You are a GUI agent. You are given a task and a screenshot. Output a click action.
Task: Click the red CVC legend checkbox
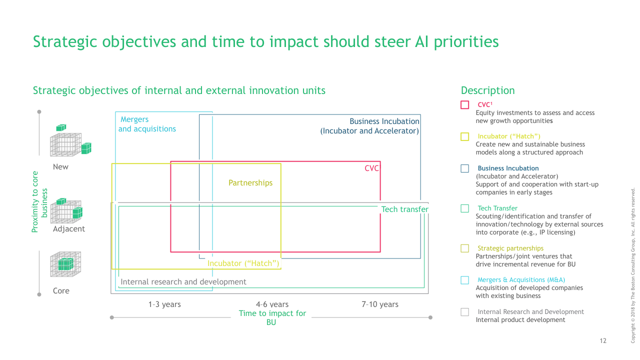coord(465,105)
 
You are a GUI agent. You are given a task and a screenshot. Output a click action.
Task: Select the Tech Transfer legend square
coord(465,208)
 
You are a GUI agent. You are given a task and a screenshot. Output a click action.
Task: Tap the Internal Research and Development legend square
coord(465,312)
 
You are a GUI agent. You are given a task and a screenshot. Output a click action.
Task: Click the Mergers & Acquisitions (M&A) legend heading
coord(521,280)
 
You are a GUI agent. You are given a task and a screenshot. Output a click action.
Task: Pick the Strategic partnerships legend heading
coord(510,248)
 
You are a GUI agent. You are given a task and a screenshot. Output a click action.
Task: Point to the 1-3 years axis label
coord(164,304)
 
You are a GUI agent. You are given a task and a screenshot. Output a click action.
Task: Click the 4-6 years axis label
coord(272,304)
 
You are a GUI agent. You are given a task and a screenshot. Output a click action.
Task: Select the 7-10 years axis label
coord(380,304)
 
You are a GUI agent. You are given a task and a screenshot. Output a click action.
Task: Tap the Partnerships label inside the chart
coord(250,183)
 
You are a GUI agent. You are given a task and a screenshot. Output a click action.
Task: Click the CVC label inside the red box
coord(372,169)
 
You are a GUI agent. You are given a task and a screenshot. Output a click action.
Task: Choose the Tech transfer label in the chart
coord(404,209)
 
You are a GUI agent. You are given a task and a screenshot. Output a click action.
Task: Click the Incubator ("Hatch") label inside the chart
coord(243,263)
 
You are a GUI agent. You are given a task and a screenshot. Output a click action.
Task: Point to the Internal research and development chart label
coord(183,282)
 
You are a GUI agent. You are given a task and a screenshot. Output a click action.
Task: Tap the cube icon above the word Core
coord(65,264)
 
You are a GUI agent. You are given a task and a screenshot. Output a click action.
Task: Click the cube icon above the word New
coord(70,141)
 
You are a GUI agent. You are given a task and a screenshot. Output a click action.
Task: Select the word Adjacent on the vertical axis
coord(69,229)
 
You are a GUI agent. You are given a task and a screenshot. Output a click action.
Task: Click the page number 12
coord(603,341)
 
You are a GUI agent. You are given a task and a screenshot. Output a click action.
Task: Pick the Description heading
coord(487,90)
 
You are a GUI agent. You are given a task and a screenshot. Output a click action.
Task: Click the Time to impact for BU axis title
coord(272,318)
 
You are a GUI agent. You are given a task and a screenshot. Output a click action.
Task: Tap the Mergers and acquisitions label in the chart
coord(147,124)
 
